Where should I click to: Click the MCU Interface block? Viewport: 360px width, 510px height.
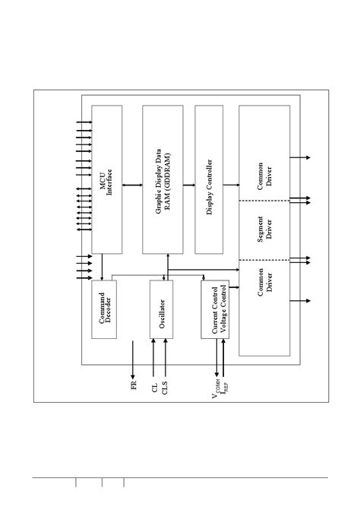pyautogui.click(x=106, y=180)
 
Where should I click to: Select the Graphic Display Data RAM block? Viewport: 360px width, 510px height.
pyautogui.click(x=163, y=180)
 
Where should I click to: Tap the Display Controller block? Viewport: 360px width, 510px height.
pyautogui.click(x=209, y=180)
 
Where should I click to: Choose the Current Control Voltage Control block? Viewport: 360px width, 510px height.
pyautogui.click(x=213, y=309)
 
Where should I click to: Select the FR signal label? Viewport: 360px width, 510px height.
pyautogui.click(x=134, y=386)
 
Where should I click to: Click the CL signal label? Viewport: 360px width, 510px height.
pyautogui.click(x=155, y=388)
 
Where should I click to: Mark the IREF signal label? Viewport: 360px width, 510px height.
pyautogui.click(x=225, y=391)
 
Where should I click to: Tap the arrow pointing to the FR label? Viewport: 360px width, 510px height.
pyautogui.click(x=134, y=360)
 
